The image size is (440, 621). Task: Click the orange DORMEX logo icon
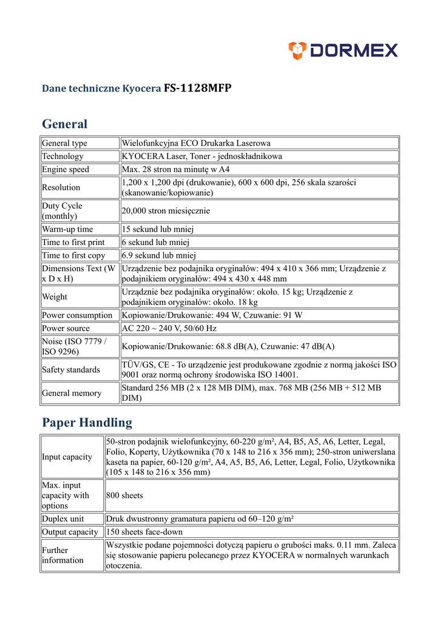click(x=297, y=50)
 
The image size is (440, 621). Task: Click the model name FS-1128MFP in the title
click(x=197, y=88)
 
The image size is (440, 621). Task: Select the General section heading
click(x=64, y=124)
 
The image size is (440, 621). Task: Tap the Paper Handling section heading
click(x=87, y=422)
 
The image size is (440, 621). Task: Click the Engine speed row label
click(x=65, y=169)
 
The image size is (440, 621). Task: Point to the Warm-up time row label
click(x=67, y=229)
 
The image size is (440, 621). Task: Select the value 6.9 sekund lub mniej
click(x=159, y=255)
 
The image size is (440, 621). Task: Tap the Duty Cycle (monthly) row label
click(x=63, y=210)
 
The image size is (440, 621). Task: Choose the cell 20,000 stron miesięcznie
click(x=166, y=210)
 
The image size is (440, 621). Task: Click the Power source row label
click(x=66, y=328)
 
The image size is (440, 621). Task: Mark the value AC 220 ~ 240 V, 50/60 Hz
click(x=169, y=328)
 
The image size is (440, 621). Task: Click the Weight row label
click(x=55, y=297)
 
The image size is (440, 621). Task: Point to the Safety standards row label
click(x=70, y=369)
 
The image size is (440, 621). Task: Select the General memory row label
click(x=72, y=393)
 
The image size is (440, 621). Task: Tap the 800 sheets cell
click(x=124, y=495)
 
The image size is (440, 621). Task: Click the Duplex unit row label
click(x=63, y=519)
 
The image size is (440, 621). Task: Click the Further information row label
click(x=63, y=555)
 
